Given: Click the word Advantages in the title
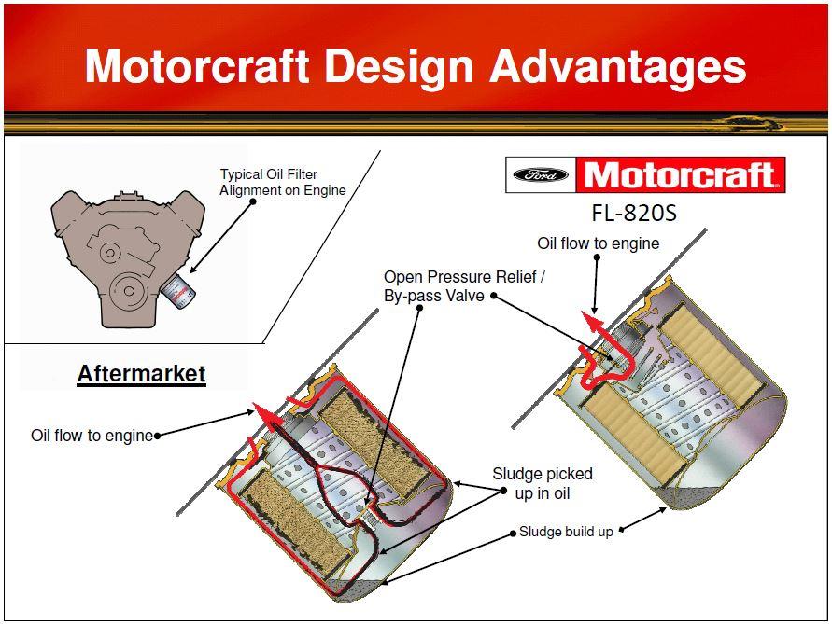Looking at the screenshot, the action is (617, 67).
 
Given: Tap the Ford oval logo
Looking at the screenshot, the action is (541, 175).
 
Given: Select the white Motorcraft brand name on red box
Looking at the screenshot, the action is (680, 175).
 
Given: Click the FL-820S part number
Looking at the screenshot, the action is (634, 213).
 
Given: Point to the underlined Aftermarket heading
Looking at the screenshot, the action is (141, 374).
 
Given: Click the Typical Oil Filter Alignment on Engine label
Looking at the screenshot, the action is (283, 182).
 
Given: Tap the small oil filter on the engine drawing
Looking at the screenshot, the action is (178, 291).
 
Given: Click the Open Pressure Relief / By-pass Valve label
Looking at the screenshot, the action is (464, 286).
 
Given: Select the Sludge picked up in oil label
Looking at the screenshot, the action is (543, 483).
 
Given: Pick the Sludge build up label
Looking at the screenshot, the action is (566, 532).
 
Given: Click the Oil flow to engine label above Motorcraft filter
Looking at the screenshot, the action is (598, 243).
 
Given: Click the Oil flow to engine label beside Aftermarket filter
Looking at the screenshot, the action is (92, 436).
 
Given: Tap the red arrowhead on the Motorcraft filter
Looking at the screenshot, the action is (593, 323).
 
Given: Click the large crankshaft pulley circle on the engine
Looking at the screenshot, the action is (129, 290).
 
